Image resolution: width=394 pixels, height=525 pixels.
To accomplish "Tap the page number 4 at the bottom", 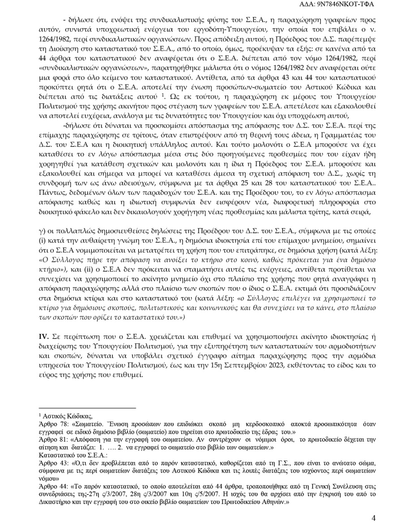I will click(x=374, y=518).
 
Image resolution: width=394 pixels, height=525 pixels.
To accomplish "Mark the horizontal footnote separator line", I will click(x=87, y=408).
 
